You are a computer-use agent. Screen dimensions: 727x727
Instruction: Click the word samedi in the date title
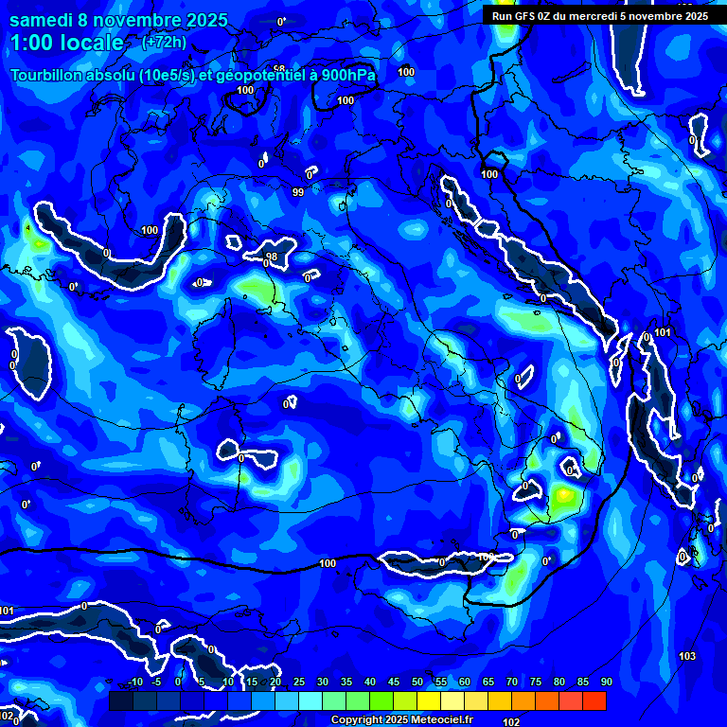(x=43, y=20)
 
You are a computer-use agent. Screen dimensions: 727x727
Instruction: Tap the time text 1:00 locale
(x=66, y=44)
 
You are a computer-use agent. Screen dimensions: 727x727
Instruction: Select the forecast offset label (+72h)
(x=163, y=43)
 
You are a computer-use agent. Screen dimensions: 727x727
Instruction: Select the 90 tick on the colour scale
(x=606, y=683)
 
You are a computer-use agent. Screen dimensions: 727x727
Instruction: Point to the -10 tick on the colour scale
(x=134, y=683)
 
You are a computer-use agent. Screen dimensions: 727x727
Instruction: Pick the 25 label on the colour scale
(x=299, y=683)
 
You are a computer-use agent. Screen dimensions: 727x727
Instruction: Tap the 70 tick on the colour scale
(x=512, y=683)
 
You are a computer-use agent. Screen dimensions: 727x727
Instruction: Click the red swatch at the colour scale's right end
(x=594, y=700)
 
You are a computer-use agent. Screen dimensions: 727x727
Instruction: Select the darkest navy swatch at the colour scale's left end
(x=120, y=700)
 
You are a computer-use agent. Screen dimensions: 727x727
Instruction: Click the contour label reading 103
(x=688, y=656)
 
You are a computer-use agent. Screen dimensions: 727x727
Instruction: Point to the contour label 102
(x=511, y=722)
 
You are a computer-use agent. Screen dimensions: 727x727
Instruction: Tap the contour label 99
(x=298, y=192)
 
